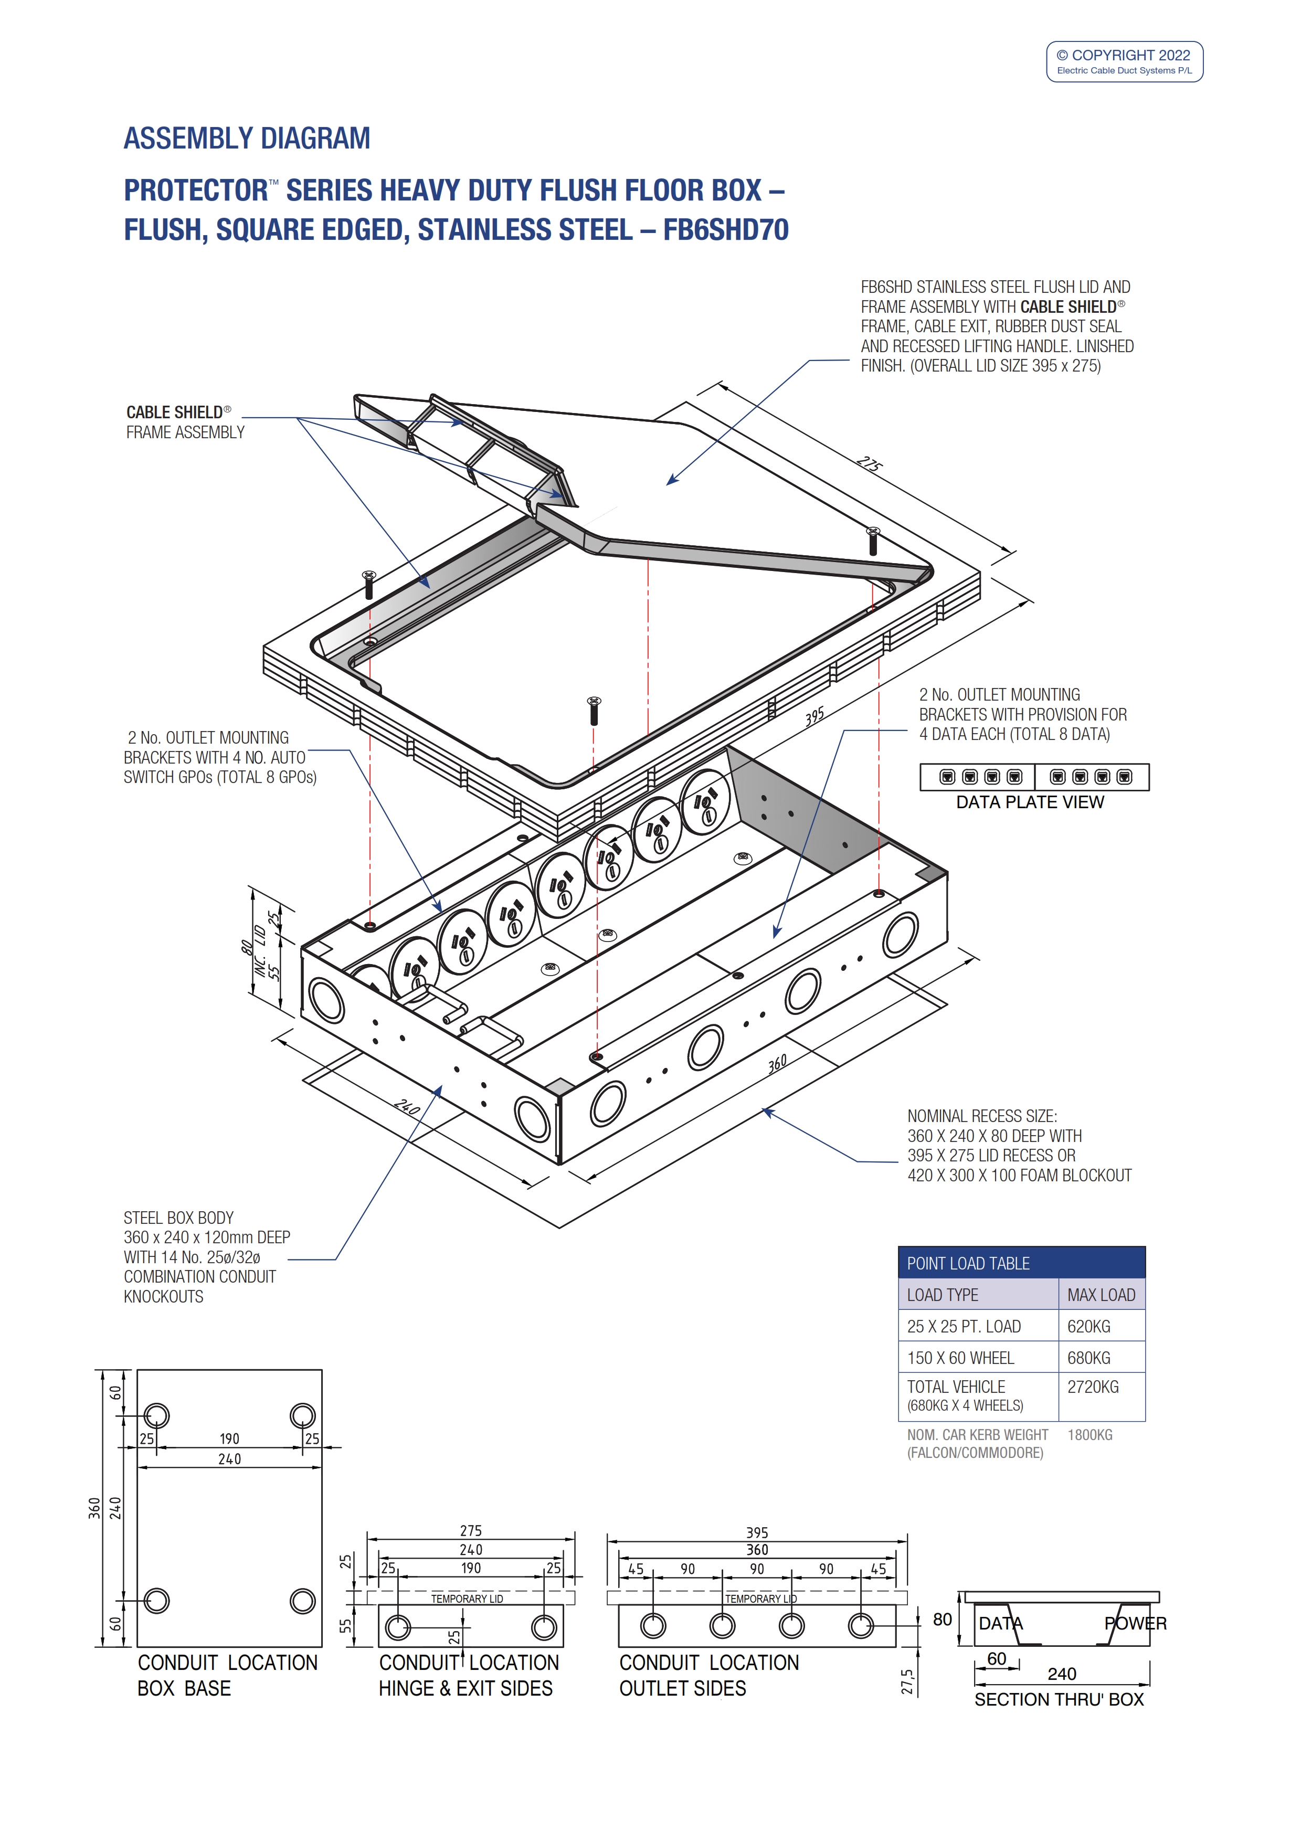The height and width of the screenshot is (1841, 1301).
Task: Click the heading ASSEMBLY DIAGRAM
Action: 247,139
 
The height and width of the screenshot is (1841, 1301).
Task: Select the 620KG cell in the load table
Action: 1088,1326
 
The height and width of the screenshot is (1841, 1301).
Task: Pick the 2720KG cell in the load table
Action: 1093,1387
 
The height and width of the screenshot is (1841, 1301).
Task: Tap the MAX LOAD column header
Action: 1101,1295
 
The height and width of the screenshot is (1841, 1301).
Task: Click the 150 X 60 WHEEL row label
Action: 960,1358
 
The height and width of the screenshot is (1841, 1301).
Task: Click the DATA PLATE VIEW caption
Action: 1029,802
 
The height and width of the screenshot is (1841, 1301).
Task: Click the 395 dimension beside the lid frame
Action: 815,716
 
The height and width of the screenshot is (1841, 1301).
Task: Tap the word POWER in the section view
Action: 1135,1623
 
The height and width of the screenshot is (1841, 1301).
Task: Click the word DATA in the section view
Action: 1000,1623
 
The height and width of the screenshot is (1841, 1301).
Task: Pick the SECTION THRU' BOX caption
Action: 1058,1699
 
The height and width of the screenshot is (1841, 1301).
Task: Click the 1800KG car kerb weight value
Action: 1090,1434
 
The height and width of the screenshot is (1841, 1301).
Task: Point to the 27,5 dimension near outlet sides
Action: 907,1681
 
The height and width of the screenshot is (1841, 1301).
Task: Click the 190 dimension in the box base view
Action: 229,1438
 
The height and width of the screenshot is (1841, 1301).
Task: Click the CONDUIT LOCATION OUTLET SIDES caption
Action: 708,1675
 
